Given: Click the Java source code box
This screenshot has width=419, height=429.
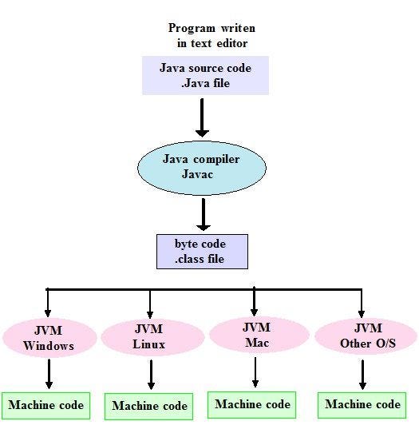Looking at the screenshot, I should pyautogui.click(x=205, y=75).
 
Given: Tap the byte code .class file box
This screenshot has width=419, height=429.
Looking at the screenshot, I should pyautogui.click(x=200, y=251).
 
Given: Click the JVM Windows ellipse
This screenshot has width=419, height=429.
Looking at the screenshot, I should pyautogui.click(x=49, y=337).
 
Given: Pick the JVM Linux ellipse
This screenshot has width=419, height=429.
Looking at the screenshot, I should pyautogui.click(x=149, y=337).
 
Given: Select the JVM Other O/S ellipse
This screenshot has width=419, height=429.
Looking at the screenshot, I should pyautogui.click(x=365, y=336).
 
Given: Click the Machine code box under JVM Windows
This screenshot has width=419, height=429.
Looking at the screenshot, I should pyautogui.click(x=46, y=405).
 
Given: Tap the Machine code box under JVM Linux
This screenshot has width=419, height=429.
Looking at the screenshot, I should pyautogui.click(x=150, y=406).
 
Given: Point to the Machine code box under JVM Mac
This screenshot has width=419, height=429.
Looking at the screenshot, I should pyautogui.click(x=252, y=404).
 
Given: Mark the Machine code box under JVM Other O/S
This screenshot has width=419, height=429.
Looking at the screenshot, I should pyautogui.click(x=362, y=404).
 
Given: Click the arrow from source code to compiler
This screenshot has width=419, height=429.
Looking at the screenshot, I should pyautogui.click(x=202, y=117).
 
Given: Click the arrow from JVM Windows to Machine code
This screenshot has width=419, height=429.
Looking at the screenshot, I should pyautogui.click(x=49, y=372).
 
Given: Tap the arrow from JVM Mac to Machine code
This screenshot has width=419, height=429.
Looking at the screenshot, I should pyautogui.click(x=255, y=371).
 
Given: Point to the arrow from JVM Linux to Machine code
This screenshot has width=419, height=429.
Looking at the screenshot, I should pyautogui.click(x=150, y=374).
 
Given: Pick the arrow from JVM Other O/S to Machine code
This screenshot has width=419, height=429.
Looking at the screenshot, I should pyautogui.click(x=362, y=372).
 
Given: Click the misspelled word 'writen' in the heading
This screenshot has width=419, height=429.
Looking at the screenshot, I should pyautogui.click(x=237, y=29).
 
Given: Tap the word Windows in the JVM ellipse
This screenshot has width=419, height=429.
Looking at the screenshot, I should pyautogui.click(x=49, y=346).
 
